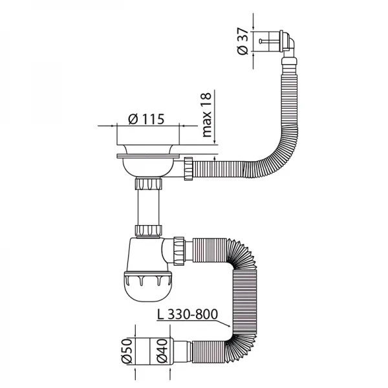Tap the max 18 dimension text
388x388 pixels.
tap(206, 115)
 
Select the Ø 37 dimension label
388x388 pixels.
tap(242, 43)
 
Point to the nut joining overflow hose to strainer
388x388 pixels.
tap(189, 166)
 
